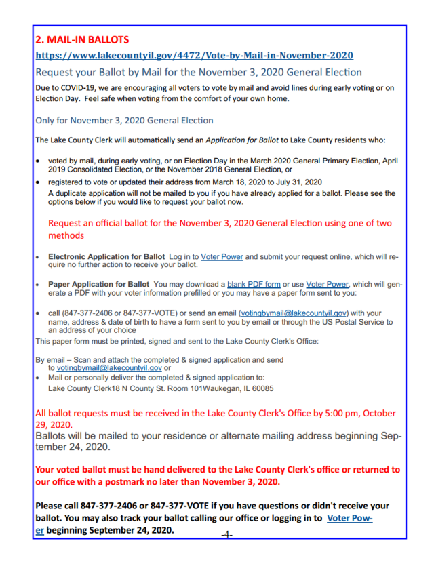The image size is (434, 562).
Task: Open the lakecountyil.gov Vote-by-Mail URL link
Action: coord(194,55)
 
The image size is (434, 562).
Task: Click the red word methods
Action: coord(66,235)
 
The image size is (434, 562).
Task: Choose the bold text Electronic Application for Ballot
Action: coord(106,257)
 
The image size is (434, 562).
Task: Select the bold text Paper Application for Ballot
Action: coord(98,284)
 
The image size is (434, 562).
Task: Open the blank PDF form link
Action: coord(254,284)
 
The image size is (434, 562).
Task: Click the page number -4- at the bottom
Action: coord(226,534)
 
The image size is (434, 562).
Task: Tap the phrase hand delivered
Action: coord(163,469)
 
